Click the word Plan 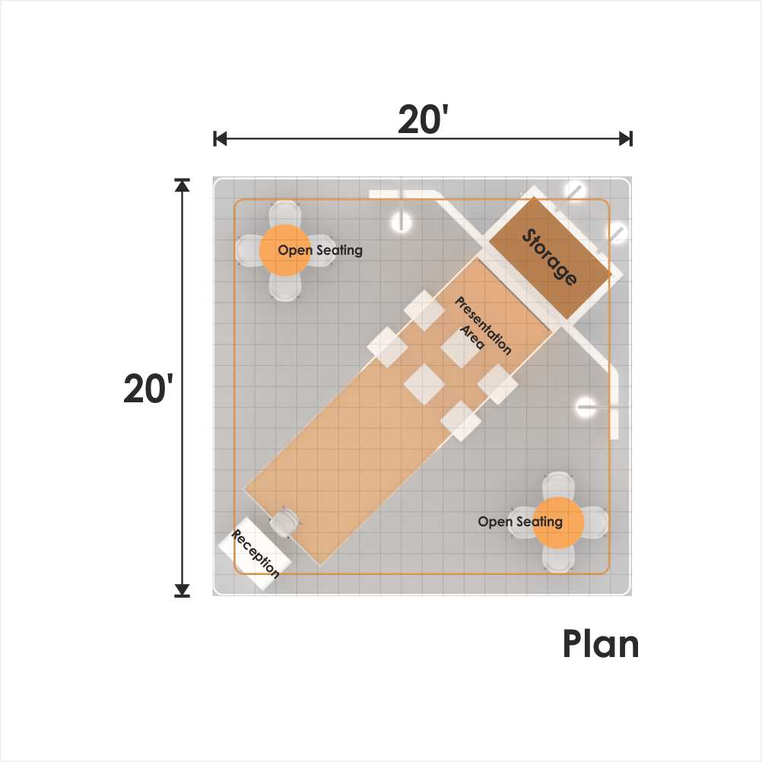click(x=601, y=644)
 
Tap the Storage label click(x=550, y=256)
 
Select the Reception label click(x=255, y=554)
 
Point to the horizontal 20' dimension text click(x=422, y=119)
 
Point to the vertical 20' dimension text click(x=148, y=389)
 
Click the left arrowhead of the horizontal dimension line click(x=220, y=138)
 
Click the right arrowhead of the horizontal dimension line click(x=625, y=138)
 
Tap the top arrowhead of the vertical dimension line click(x=183, y=185)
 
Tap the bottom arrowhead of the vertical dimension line click(x=183, y=590)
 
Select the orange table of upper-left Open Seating click(x=284, y=250)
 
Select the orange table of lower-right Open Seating click(x=558, y=523)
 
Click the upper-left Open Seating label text click(x=319, y=250)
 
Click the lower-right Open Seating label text click(x=520, y=522)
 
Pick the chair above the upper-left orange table click(x=284, y=214)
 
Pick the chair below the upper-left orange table click(x=284, y=287)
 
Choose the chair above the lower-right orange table click(x=558, y=486)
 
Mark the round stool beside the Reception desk click(x=283, y=522)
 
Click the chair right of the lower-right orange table click(x=595, y=523)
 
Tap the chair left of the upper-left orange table click(x=249, y=250)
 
